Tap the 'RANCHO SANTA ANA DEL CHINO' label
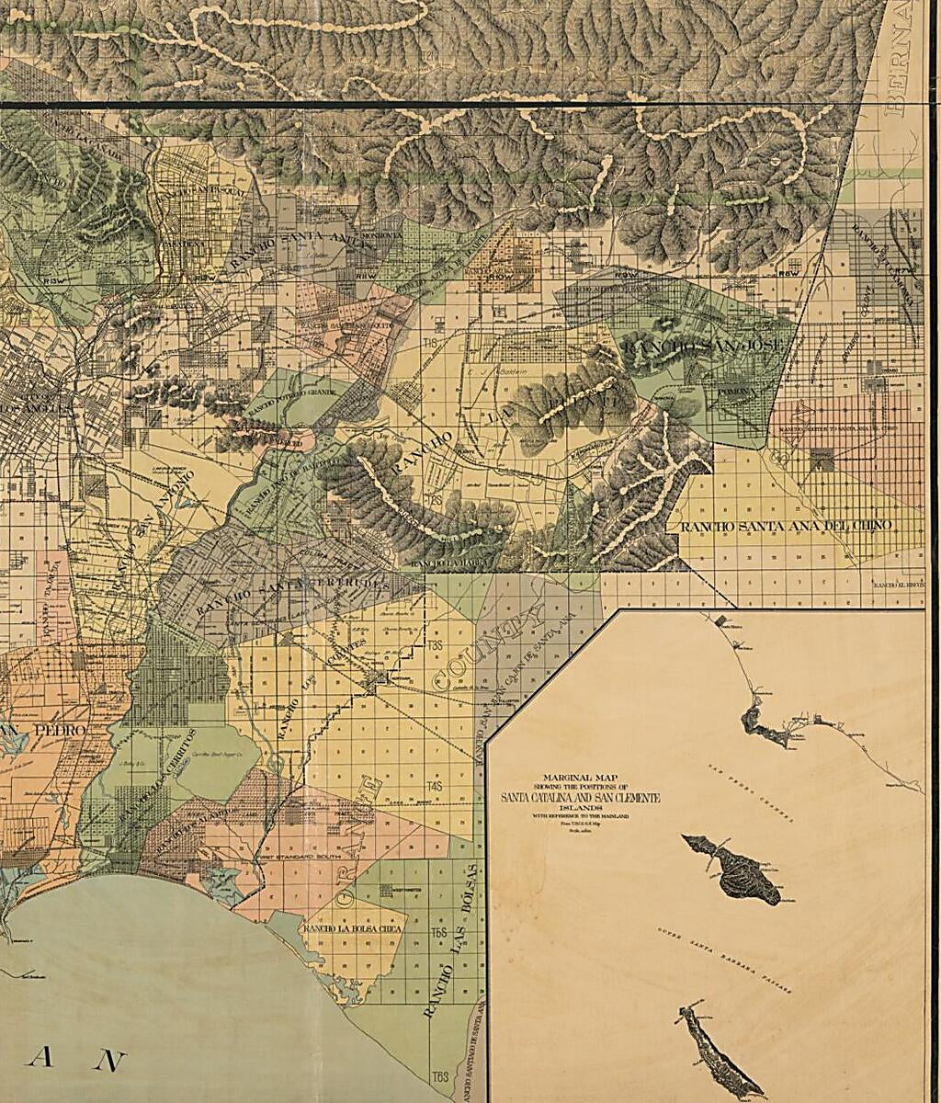pos(786,526)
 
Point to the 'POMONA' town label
pos(722,392)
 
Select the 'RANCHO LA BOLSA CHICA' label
pos(354,929)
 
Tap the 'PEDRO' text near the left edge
pos(55,729)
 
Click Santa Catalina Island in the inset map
pos(735,869)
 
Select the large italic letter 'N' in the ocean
pos(109,1061)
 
